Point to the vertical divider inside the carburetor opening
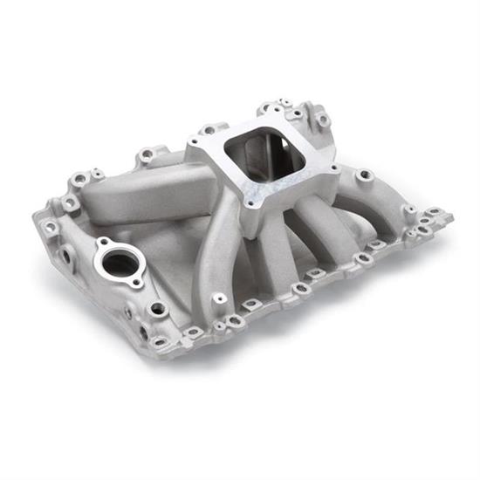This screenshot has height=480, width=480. [262, 166]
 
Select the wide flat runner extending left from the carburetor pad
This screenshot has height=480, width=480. [144, 188]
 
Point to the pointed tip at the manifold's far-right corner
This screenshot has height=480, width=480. [449, 215]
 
